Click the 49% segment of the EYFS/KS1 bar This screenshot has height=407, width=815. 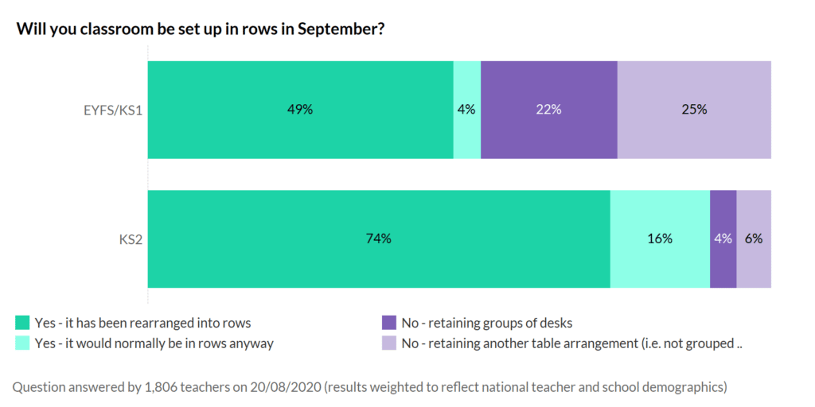(x=300, y=110)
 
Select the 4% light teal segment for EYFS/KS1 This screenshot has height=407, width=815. (x=466, y=110)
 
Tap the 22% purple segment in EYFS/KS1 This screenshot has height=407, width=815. (x=548, y=110)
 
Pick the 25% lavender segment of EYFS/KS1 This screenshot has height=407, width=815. (x=694, y=110)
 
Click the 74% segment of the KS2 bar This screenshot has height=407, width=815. (x=378, y=238)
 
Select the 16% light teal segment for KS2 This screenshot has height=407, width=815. (x=660, y=238)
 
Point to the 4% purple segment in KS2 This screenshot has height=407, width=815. (x=723, y=238)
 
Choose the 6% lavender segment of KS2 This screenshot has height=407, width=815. (x=754, y=238)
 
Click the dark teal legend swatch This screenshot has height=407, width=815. (x=23, y=323)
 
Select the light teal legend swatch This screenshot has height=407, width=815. (x=23, y=343)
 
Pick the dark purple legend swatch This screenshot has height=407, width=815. (x=388, y=323)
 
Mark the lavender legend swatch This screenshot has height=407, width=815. (x=388, y=343)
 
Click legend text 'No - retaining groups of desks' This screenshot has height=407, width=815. (x=486, y=323)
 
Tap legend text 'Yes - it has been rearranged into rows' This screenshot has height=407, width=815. (x=142, y=323)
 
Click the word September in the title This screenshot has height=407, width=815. (x=345, y=29)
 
